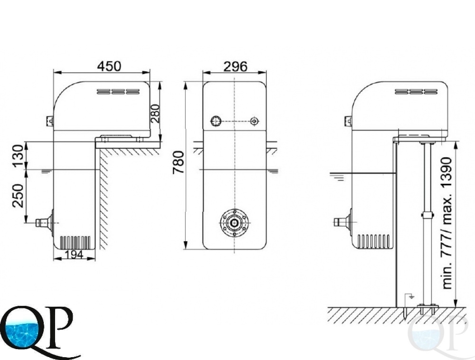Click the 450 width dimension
[109, 66]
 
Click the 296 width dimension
[236, 66]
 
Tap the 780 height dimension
[179, 162]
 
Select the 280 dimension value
[155, 113]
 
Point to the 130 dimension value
[18, 156]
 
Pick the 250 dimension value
[18, 196]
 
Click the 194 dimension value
[75, 255]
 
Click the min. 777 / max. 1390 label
[447, 223]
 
